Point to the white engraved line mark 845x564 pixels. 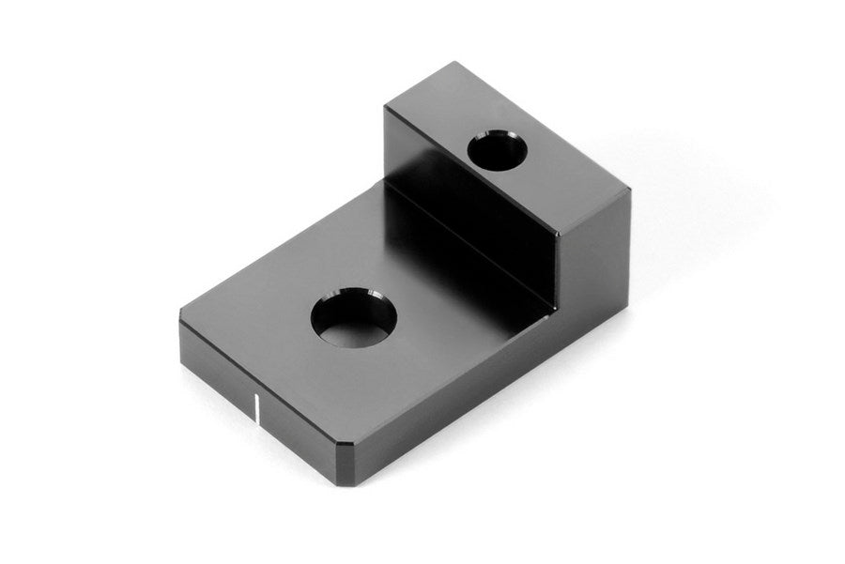tap(256, 409)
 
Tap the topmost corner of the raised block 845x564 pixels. tap(457, 63)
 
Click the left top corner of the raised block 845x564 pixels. tap(385, 108)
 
